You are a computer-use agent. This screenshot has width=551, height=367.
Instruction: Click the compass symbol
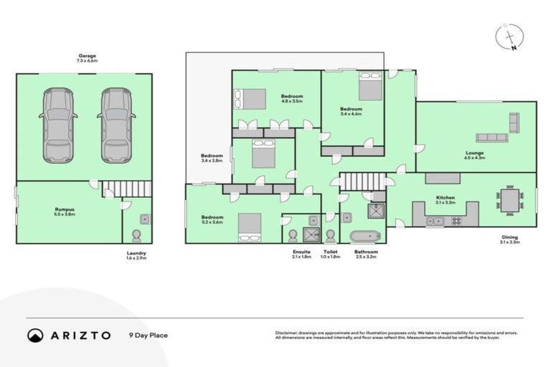[x=509, y=37]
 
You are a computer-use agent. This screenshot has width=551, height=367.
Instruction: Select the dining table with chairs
[x=509, y=200]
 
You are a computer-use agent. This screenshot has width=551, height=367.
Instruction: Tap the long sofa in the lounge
[x=491, y=137]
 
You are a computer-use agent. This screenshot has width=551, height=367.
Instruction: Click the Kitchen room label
[x=446, y=199]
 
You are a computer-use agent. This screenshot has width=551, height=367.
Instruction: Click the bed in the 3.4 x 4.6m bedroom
[x=369, y=87]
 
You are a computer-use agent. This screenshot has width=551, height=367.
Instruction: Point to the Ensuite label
[x=301, y=253]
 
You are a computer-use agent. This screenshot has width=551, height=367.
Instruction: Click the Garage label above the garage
[x=87, y=57]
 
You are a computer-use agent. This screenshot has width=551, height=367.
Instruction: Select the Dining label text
[x=509, y=239]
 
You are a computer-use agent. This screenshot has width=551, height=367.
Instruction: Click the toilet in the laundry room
[x=138, y=234]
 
